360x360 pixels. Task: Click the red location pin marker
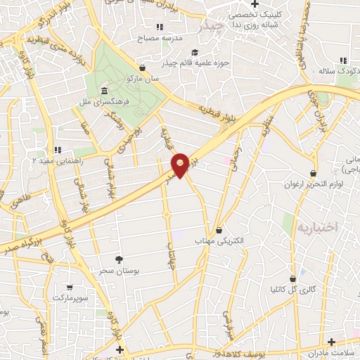(x=181, y=165)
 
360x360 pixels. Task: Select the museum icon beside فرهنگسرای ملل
(x=104, y=91)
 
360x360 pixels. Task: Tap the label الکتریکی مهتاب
(x=219, y=241)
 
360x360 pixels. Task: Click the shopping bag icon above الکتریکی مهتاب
(x=219, y=229)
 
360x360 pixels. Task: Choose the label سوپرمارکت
(x=69, y=299)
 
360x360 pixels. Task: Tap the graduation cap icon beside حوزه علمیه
(x=193, y=52)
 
